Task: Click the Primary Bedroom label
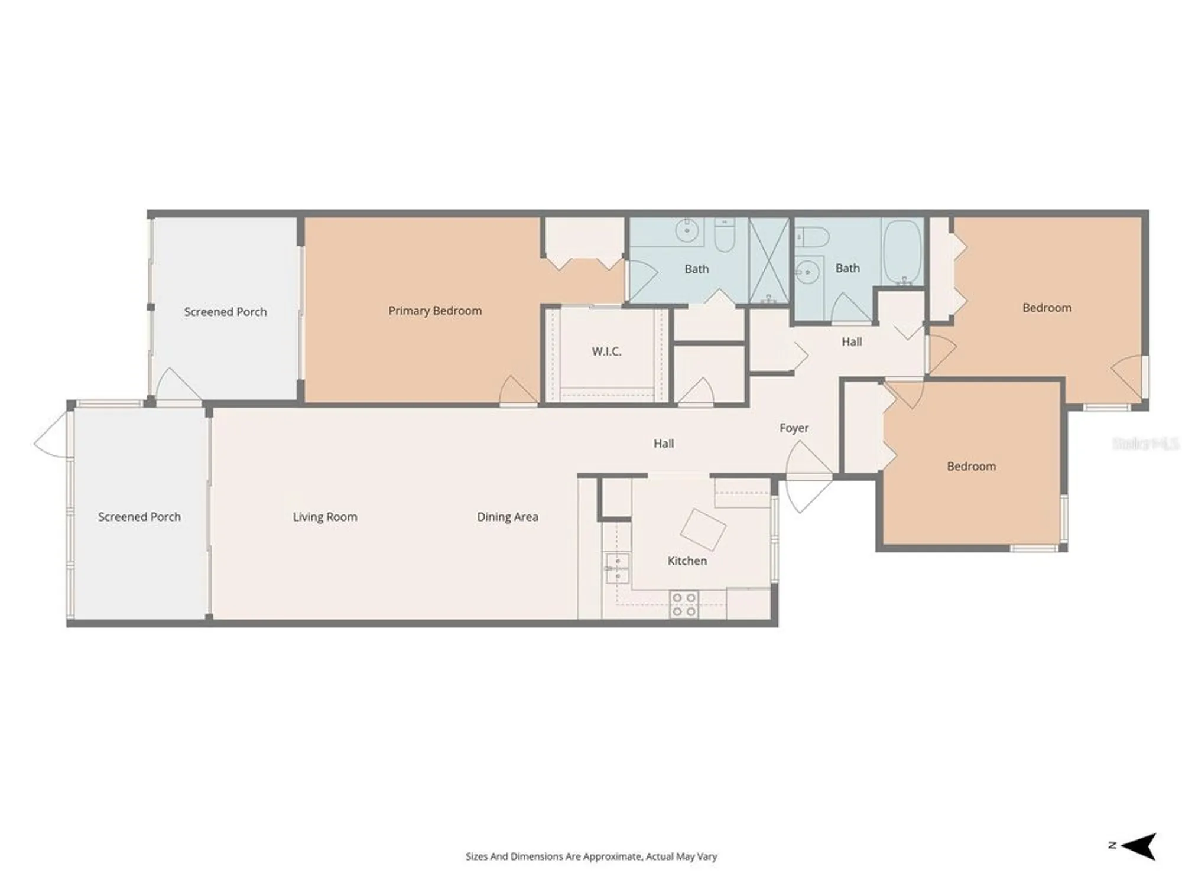[435, 311]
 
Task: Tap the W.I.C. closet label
[606, 351]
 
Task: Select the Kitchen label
[687, 561]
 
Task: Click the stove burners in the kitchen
[684, 605]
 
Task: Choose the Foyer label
[794, 428]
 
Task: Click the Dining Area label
[507, 517]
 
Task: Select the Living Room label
[325, 517]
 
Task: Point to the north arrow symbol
[1139, 846]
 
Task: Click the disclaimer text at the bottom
[591, 856]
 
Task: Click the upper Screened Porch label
[225, 312]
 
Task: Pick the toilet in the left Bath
[725, 235]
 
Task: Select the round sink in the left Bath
[687, 230]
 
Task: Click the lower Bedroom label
[971, 466]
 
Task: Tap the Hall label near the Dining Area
[663, 444]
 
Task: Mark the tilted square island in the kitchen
[703, 529]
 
